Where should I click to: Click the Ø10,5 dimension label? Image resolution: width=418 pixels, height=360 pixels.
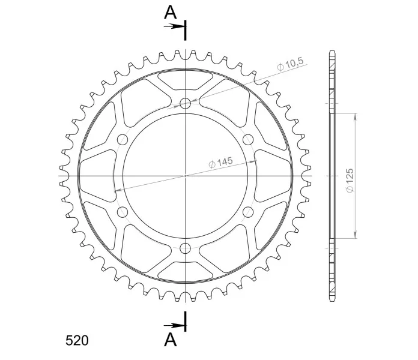tap(290, 64)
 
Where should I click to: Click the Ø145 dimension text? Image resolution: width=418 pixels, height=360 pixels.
tap(220, 163)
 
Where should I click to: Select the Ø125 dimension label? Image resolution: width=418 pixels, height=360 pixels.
tap(349, 180)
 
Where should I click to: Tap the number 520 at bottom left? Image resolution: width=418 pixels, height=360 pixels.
tap(77, 341)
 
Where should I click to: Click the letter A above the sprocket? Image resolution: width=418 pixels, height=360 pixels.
tap(170, 12)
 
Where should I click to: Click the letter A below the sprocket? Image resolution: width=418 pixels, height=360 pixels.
tap(170, 340)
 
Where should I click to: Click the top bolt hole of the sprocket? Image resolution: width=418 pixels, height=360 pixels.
tap(185, 103)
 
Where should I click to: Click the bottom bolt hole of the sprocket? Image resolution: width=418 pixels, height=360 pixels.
tap(185, 248)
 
